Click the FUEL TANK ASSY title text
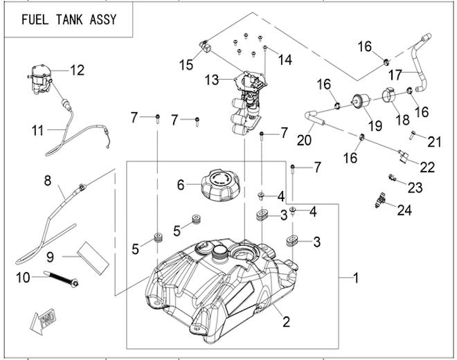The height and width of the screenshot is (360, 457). click(68, 20)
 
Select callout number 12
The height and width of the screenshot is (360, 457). click(76, 69)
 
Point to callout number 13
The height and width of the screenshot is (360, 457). click(213, 81)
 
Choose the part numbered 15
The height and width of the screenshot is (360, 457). click(205, 47)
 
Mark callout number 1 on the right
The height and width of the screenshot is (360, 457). click(356, 279)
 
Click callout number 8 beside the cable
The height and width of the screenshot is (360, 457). click(47, 181)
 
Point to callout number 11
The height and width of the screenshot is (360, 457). click(36, 129)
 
